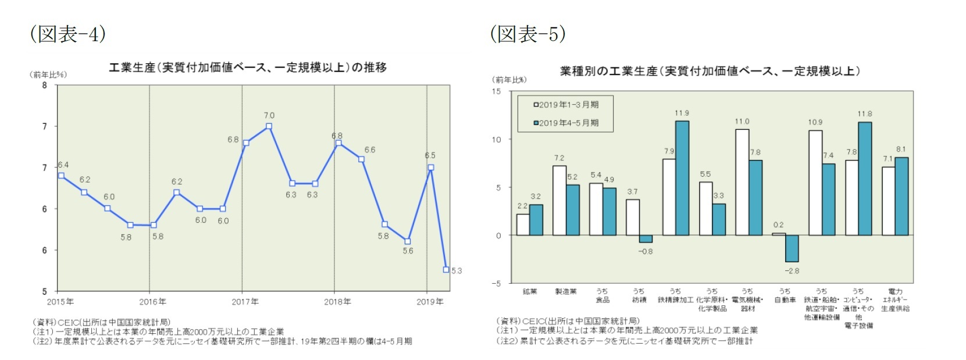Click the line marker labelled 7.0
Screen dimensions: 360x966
[x=269, y=126]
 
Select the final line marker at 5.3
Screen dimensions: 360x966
[x=446, y=269]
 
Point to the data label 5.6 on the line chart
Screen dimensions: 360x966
[x=408, y=251]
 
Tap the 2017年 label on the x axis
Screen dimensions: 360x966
[x=245, y=302]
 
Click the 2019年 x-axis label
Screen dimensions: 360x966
[x=430, y=302]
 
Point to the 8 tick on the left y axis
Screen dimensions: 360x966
[x=45, y=85]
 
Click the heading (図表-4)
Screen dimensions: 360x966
[x=67, y=34]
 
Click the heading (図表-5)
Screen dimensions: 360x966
[x=527, y=34]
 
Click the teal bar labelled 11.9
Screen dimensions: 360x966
[x=682, y=178]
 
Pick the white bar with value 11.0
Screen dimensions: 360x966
[x=742, y=182]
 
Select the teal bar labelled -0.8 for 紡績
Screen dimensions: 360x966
[x=646, y=238]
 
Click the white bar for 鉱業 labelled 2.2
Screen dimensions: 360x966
[x=523, y=224]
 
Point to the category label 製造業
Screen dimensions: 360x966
[x=566, y=291]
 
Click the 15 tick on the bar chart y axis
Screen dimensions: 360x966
[x=496, y=91]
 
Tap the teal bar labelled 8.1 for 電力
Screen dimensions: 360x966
[x=901, y=196]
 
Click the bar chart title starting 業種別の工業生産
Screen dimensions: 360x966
[x=710, y=71]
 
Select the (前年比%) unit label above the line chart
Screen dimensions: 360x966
[x=48, y=74]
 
